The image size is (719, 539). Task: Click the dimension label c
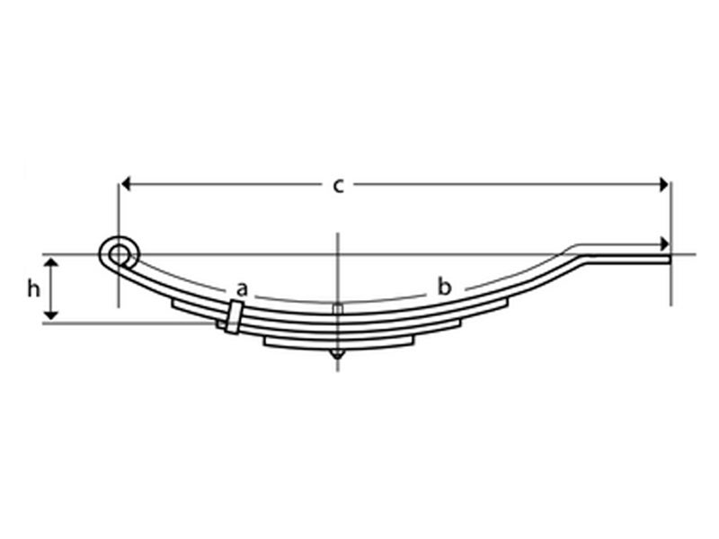tap(338, 186)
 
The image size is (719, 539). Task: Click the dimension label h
tap(33, 288)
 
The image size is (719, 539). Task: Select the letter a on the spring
tap(241, 289)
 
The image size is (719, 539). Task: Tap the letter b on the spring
tap(444, 287)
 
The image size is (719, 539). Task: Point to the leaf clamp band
tap(234, 316)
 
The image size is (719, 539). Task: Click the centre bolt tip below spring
tap(338, 354)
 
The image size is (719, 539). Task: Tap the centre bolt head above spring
tap(338, 309)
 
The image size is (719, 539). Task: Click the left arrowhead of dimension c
tap(126, 184)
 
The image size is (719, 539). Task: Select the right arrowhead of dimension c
tap(663, 184)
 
